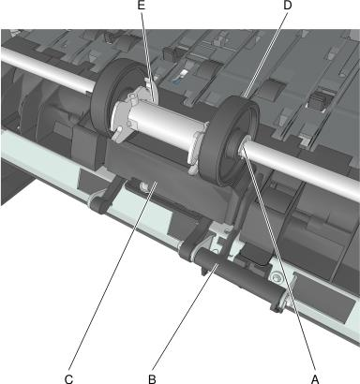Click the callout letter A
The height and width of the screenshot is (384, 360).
pyautogui.click(x=315, y=378)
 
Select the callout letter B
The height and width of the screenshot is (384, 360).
pyautogui.click(x=152, y=378)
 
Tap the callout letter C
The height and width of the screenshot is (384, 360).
pyautogui.click(x=68, y=378)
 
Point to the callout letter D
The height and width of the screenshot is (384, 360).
pyautogui.click(x=288, y=5)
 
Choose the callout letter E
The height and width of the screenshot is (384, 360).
pyautogui.click(x=142, y=5)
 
